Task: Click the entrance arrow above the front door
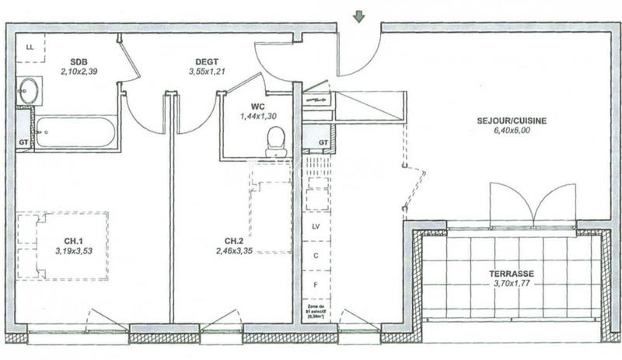(x=358, y=16)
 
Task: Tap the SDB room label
(x=79, y=62)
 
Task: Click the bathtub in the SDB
(x=75, y=132)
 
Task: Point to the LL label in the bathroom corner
(x=30, y=47)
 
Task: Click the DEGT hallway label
(x=206, y=62)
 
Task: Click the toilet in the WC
(x=276, y=142)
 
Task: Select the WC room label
(x=258, y=107)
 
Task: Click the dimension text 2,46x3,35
(x=236, y=251)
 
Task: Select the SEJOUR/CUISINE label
(x=512, y=121)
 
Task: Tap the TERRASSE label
(x=511, y=274)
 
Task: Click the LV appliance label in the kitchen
(x=316, y=226)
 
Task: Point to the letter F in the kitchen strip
(x=316, y=285)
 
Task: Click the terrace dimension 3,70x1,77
(x=512, y=285)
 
